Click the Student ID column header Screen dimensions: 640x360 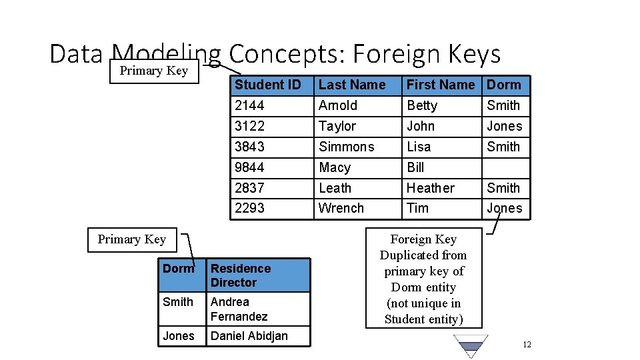(267, 85)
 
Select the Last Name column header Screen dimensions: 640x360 (352, 85)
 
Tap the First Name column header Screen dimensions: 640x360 (440, 85)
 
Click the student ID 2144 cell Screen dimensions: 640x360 (249, 105)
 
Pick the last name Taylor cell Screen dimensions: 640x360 (337, 126)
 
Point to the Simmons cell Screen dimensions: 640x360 (347, 147)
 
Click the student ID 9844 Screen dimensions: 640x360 (249, 167)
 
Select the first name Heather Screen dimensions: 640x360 (430, 188)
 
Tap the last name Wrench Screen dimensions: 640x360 (341, 208)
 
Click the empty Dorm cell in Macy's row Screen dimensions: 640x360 (506, 167)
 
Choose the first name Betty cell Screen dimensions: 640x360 (422, 105)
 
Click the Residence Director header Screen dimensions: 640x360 (241, 275)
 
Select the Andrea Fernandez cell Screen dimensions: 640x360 (239, 309)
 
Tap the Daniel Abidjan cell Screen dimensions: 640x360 (249, 336)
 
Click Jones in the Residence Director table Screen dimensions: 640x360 (179, 336)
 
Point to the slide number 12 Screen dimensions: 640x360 (527, 345)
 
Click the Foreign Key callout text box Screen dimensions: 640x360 (423, 279)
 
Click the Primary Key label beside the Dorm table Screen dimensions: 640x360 (131, 239)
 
